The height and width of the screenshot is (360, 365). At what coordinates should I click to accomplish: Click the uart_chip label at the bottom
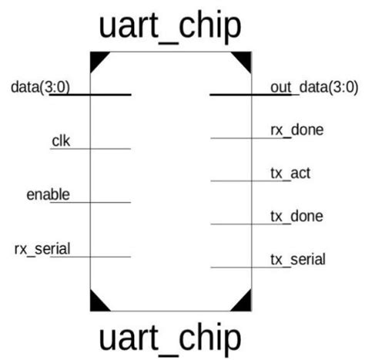(170, 337)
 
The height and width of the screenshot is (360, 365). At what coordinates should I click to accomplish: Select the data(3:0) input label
(40, 86)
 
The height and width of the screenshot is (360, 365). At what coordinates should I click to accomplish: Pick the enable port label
(48, 193)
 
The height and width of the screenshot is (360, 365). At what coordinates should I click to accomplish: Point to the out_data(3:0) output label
(311, 86)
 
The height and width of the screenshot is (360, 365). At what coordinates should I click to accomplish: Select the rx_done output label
(296, 129)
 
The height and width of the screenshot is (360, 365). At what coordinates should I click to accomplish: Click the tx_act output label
(290, 172)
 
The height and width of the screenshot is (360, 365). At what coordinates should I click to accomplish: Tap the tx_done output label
(296, 215)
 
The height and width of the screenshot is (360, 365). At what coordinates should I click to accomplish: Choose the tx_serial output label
(297, 258)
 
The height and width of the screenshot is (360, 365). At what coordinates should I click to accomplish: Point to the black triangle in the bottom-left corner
(98, 303)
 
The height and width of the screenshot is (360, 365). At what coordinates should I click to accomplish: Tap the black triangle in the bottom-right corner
(243, 303)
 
